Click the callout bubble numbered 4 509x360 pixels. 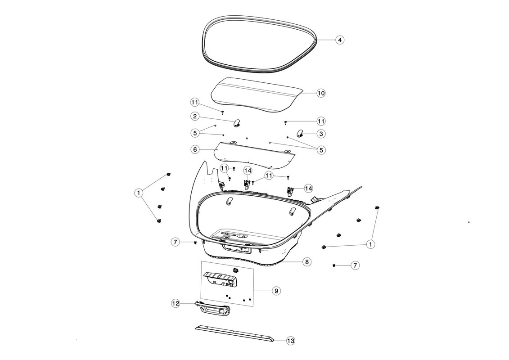coord(339,40)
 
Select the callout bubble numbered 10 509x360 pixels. coord(321,93)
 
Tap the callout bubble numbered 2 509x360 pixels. coord(195,116)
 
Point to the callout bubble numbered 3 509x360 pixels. coord(321,134)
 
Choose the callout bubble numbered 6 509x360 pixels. coord(195,150)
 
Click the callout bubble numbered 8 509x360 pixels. coord(307,261)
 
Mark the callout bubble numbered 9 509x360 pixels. coord(276,291)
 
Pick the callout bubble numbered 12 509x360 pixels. coord(176,303)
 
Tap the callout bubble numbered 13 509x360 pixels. coord(291,341)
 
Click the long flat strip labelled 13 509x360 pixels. coord(234,333)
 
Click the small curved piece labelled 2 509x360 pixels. coord(237,123)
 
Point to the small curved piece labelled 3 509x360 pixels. coord(300,133)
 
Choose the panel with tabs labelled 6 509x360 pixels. coord(255,156)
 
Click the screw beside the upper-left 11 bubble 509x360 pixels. coord(223,112)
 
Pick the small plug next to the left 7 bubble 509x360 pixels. coord(195,243)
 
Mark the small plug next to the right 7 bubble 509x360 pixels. coord(333,265)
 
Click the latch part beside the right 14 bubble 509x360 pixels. coord(289,191)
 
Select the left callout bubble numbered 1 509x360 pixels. coord(139,193)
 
